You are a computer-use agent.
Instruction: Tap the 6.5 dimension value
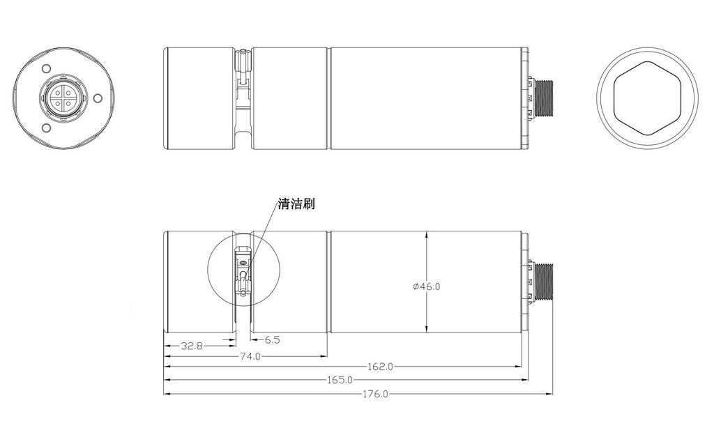click(272, 340)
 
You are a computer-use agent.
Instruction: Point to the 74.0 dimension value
click(250, 356)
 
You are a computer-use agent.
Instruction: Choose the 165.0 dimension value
click(340, 381)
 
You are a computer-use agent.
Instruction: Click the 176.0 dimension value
click(375, 394)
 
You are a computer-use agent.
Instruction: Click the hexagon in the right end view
click(647, 98)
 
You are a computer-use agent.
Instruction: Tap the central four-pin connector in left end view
click(61, 98)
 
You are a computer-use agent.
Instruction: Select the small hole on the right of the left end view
click(98, 97)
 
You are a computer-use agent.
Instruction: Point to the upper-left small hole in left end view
click(45, 69)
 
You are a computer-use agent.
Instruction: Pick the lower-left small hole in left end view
click(45, 128)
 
